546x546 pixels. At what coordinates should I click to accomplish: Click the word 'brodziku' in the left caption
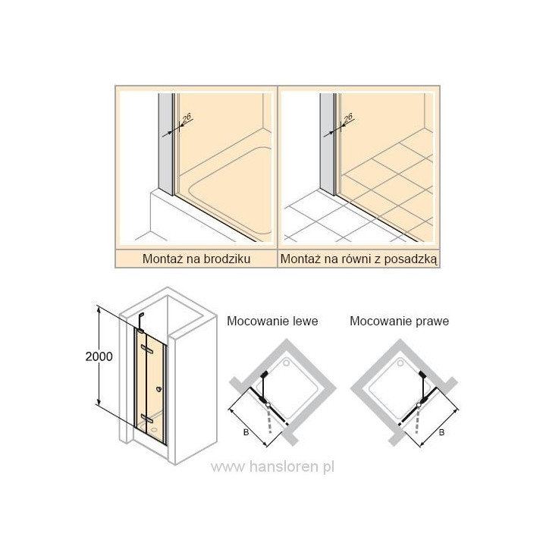pos(228,259)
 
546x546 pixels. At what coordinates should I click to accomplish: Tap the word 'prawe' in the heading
pos(431,321)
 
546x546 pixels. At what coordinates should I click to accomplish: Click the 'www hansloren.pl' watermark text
pos(273,467)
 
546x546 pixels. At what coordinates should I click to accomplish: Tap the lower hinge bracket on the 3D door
pos(146,419)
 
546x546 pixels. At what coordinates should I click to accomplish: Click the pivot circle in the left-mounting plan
pos(269,406)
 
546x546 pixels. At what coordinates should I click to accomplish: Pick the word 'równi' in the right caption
pos(353,259)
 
